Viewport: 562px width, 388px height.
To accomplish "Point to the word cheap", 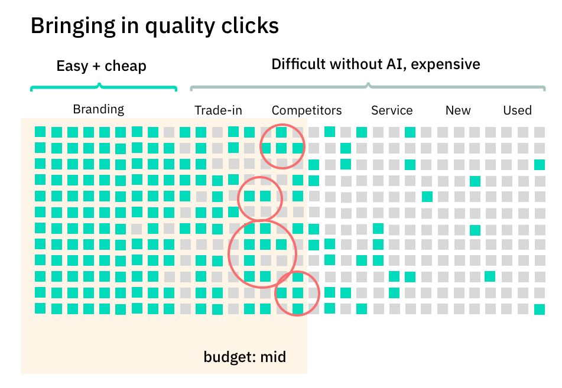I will point(125,66).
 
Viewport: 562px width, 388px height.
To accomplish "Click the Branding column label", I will point(99,109).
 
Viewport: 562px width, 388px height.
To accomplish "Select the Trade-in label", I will point(218,110).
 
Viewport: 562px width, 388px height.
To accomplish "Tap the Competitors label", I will point(307,110).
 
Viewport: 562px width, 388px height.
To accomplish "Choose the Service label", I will point(392,110).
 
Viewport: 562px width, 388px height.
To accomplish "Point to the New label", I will point(458,110).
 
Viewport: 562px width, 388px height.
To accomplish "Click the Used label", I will point(517,110).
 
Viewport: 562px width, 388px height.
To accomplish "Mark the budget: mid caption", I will point(245,357).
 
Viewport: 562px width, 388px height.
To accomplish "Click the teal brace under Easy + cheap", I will point(103,88).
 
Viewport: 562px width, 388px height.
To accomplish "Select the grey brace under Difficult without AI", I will point(368,88).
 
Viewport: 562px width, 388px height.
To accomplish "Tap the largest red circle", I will point(262,253).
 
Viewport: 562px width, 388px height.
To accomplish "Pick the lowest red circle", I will point(297,293).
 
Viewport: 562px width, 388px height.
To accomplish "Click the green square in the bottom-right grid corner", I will point(539,309).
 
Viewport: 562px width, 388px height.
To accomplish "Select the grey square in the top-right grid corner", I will point(539,132).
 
